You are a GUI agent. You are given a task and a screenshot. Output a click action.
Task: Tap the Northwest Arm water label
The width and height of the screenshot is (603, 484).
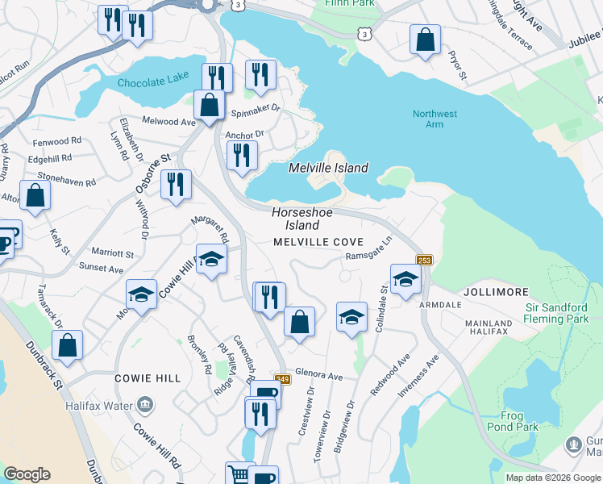[435, 119]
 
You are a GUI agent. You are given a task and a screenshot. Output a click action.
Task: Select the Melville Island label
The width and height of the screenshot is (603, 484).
[329, 169]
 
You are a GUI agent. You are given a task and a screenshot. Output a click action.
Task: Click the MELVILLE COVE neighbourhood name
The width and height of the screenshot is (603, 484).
[318, 242]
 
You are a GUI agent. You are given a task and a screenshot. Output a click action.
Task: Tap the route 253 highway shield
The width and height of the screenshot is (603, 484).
[425, 260]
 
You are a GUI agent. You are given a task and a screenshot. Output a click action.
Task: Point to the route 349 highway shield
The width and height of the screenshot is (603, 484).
[281, 379]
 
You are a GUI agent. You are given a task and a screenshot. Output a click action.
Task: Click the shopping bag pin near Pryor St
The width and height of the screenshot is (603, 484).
[425, 39]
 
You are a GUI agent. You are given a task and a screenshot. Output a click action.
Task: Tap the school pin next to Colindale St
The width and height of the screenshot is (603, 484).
[405, 279]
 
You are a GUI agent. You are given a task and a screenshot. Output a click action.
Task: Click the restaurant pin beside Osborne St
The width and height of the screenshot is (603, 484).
[174, 184]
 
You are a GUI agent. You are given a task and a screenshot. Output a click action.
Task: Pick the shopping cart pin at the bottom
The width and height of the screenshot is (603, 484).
[239, 473]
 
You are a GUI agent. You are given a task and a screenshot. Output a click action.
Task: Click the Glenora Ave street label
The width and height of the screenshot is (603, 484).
[319, 377]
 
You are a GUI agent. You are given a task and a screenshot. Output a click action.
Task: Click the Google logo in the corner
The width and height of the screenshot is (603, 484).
[27, 474]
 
